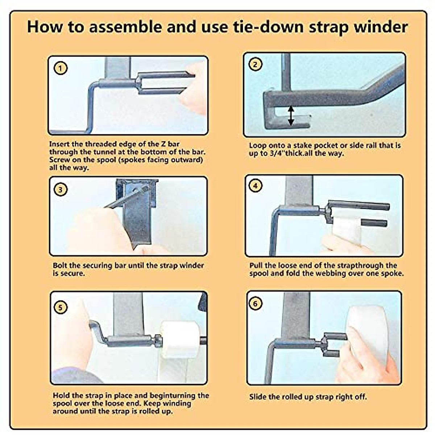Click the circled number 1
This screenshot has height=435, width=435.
coord(61,68)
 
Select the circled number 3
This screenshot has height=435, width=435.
coord(61,189)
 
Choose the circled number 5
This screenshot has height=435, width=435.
coord(60,307)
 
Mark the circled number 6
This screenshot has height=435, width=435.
coord(255,303)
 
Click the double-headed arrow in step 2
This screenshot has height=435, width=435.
coord(291,116)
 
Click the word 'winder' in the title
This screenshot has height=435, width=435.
coord(381,27)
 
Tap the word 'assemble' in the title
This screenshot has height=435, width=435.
coord(125,27)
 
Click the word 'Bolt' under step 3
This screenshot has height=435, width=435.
coord(60,265)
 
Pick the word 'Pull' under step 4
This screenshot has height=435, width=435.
coord(256,265)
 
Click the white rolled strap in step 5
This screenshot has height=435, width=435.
coord(181,339)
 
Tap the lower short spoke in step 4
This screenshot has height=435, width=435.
coord(374,223)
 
